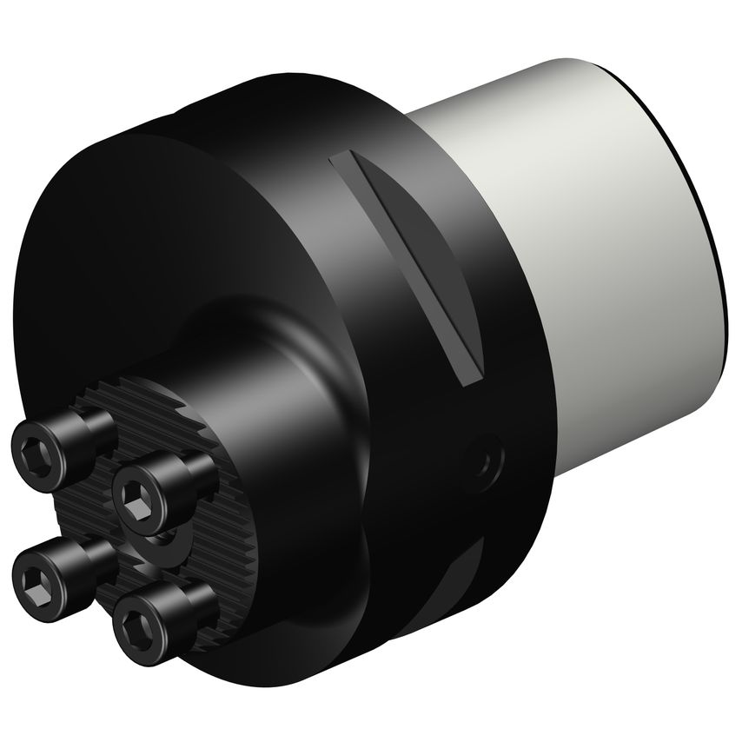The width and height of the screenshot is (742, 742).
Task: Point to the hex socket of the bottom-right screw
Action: coord(140,621)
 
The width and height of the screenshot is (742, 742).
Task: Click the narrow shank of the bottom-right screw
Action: coord(195,600)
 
